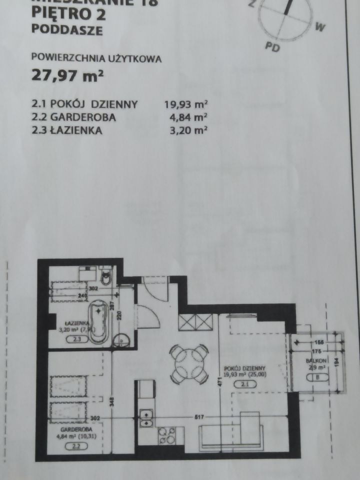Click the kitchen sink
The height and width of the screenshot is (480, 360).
146,419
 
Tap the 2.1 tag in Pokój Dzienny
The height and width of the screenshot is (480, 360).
244,384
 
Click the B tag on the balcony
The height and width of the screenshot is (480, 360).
319,378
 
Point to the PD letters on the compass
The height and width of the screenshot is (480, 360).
272,48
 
